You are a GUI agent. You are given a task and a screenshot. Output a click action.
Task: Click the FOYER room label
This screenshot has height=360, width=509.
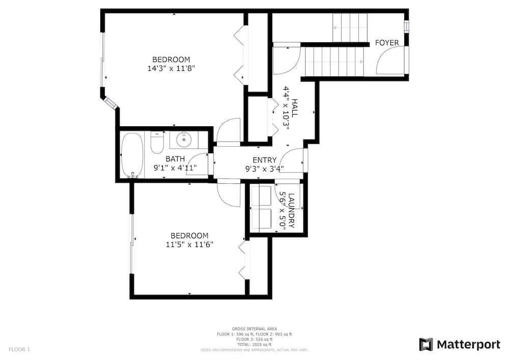coord(387,43)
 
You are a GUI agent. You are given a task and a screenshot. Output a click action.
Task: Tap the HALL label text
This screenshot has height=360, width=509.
coord(294,108)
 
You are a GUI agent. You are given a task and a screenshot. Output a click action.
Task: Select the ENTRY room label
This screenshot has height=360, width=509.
coord(265,160)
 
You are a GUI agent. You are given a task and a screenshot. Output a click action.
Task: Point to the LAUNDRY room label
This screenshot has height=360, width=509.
coord(291,211)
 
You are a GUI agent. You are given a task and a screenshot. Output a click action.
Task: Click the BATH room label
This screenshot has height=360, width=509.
coord(175,159)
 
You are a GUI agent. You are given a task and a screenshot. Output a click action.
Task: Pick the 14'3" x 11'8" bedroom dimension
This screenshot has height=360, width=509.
coord(171,69)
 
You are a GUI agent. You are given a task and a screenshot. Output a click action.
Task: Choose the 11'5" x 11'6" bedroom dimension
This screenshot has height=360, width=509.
coord(189,244)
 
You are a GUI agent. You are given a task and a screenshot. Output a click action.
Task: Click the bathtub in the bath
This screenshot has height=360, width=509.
coord(132,155)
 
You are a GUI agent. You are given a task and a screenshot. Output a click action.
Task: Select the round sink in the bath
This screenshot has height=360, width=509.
coord(184,140)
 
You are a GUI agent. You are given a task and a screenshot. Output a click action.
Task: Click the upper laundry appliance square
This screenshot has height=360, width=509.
coord(261,196)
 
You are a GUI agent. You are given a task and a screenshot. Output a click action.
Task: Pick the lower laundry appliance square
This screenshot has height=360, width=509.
coord(261,218)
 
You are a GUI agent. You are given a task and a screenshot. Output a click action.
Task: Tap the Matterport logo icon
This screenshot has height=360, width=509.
coord(426,344)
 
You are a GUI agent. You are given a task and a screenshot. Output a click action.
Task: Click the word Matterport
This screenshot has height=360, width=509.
coord(468,344)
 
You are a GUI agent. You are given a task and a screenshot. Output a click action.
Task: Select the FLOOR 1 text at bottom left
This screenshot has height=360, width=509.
coord(19,350)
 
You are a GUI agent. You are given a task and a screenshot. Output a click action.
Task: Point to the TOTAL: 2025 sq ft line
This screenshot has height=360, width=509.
coord(254,344)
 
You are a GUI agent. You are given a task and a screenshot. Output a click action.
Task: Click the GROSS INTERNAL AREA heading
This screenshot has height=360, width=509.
coord(254,329)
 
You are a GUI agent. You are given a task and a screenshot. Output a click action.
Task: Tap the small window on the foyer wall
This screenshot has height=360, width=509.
coord(406,26)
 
